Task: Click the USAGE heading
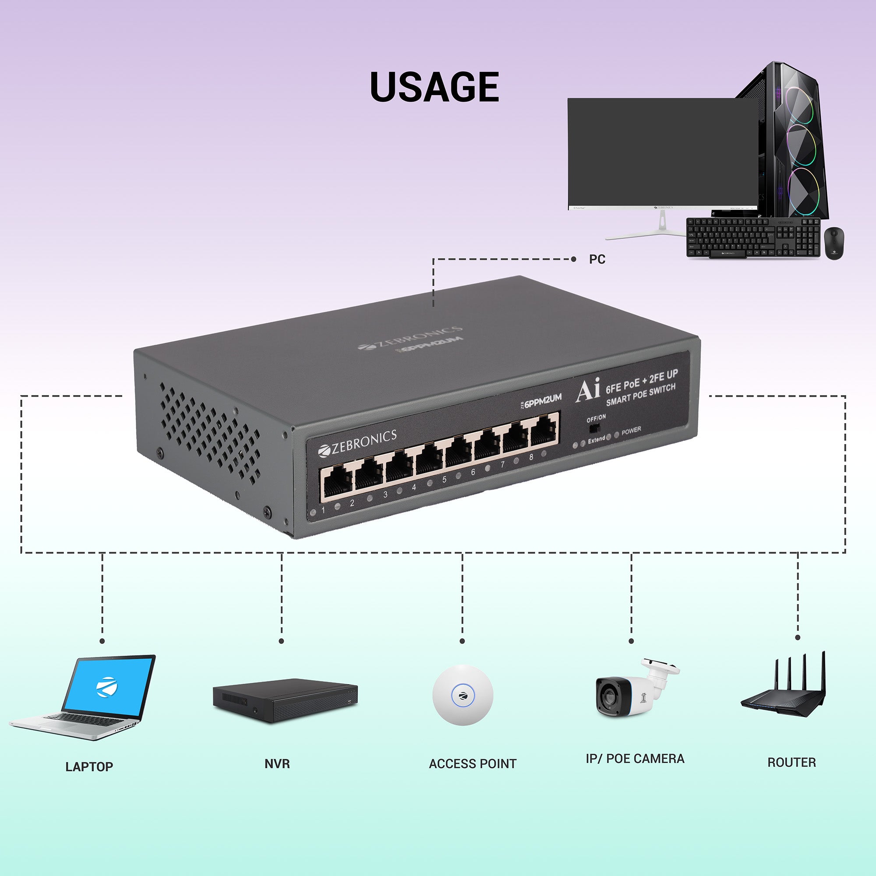[x=434, y=87]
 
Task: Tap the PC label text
[x=597, y=259]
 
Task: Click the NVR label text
[x=277, y=764]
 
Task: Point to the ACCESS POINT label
[x=473, y=764]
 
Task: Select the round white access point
[x=463, y=695]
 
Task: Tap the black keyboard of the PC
[x=752, y=237]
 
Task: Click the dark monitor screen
[x=662, y=152]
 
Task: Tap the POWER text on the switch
[x=631, y=430]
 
